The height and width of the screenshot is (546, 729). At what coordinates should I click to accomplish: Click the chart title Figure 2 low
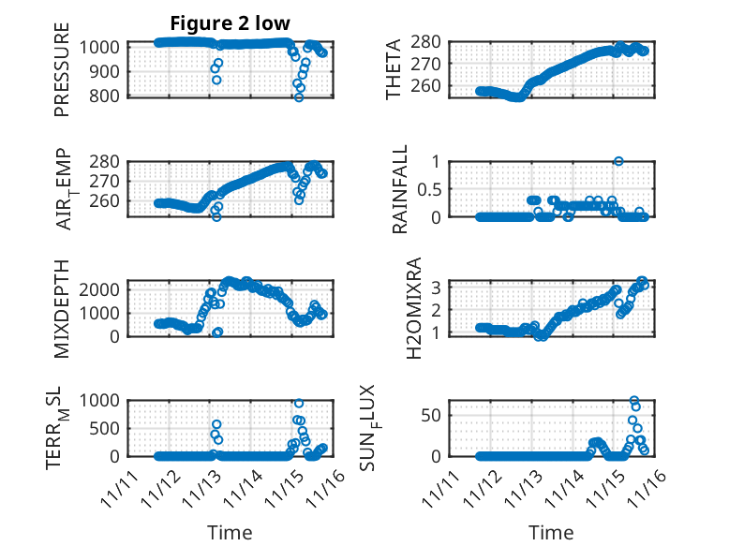[x=230, y=22]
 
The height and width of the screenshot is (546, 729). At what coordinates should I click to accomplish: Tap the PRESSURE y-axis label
[x=62, y=76]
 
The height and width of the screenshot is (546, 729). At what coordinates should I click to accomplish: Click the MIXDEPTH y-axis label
[x=62, y=309]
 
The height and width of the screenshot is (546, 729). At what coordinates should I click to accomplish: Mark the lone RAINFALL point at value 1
[x=618, y=161]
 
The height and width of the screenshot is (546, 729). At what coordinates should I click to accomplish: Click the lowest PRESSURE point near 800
[x=299, y=96]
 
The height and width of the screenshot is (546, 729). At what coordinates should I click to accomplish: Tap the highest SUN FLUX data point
[x=634, y=401]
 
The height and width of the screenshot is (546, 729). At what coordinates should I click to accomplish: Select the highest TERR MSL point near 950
[x=299, y=404]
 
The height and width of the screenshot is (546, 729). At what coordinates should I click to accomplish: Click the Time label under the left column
[x=230, y=532]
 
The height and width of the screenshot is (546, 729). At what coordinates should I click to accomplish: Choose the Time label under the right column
[x=552, y=532]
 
